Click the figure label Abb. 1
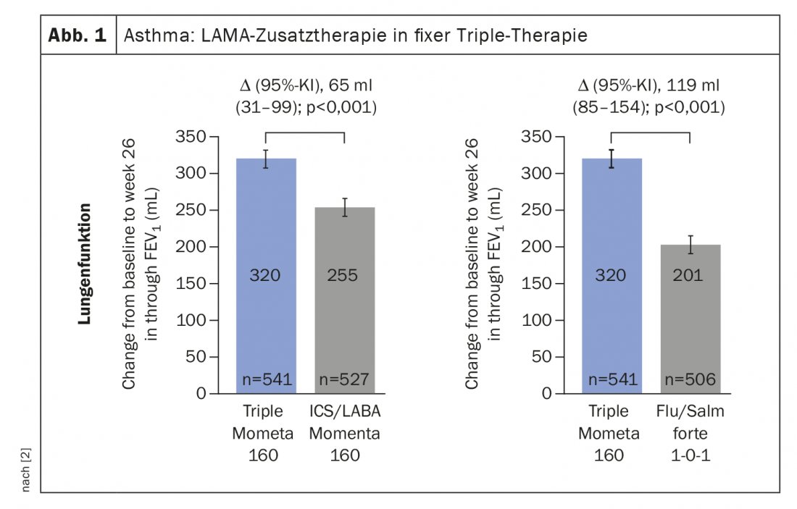coord(78,35)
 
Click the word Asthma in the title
coord(149,35)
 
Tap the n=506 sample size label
coord(690,379)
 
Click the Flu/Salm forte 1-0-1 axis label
coord(690,434)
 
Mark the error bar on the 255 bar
coord(346,207)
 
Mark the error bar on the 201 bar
coord(690,245)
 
